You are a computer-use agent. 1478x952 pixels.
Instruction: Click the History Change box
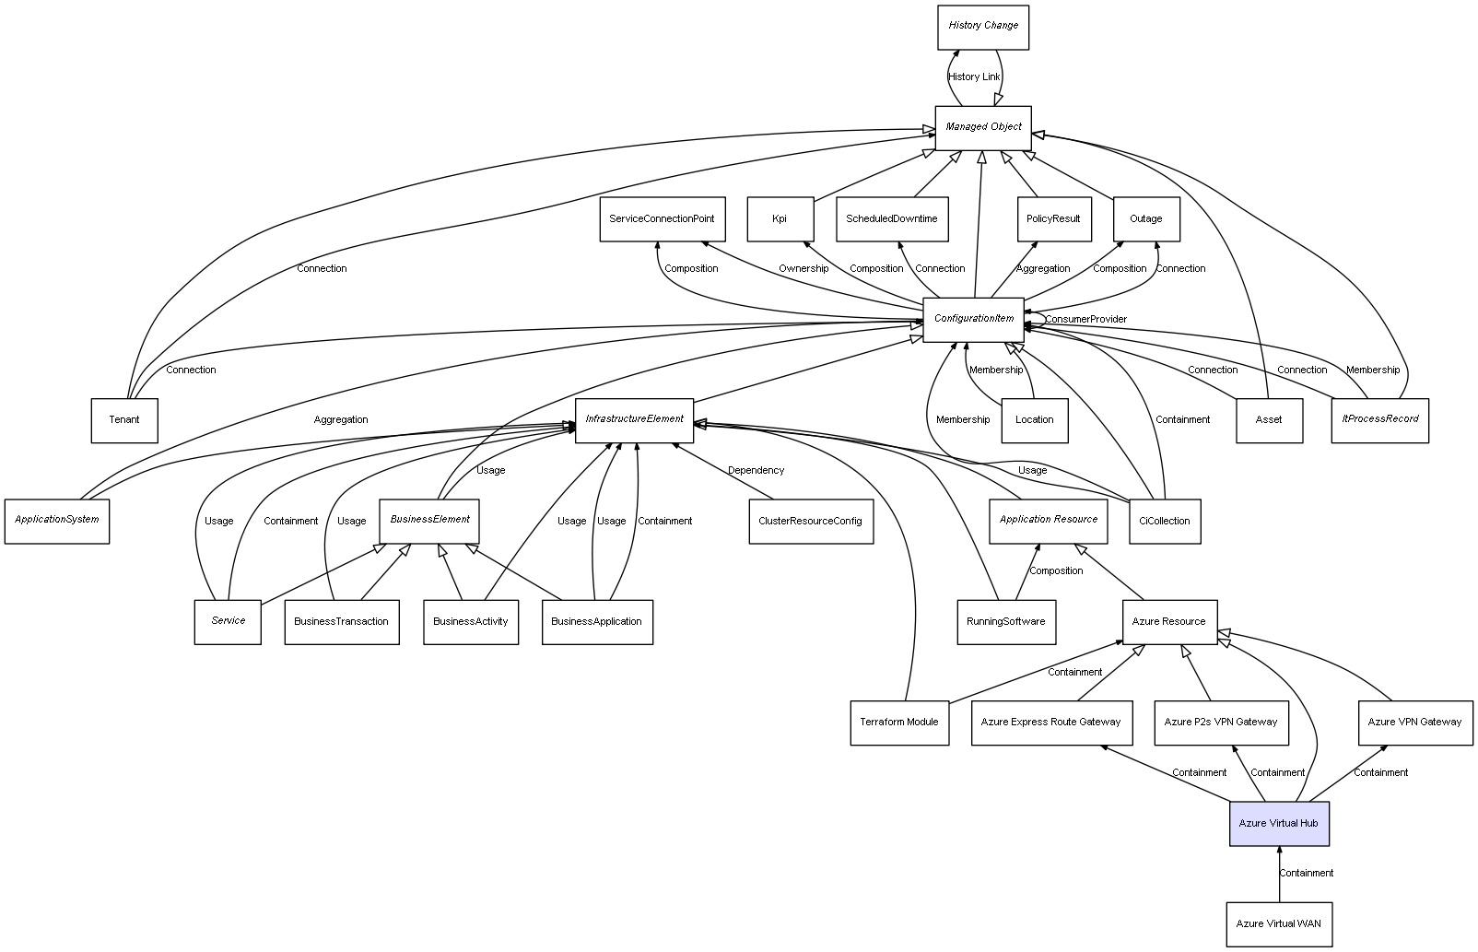click(982, 27)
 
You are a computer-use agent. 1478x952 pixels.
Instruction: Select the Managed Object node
click(982, 127)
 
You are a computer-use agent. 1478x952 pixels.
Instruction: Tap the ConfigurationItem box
click(973, 319)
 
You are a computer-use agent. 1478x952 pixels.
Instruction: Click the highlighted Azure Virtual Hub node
click(1278, 823)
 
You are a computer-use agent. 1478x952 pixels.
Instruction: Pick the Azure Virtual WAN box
click(1278, 923)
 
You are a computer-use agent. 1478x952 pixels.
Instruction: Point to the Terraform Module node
click(898, 722)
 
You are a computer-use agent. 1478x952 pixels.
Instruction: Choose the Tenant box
click(124, 420)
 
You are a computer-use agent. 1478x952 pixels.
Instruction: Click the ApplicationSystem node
click(56, 520)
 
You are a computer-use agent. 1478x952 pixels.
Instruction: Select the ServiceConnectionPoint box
click(662, 219)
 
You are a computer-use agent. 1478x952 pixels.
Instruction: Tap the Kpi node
click(780, 219)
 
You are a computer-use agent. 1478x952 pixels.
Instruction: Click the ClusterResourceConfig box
click(810, 521)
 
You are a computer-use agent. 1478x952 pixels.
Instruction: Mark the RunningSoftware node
click(1005, 621)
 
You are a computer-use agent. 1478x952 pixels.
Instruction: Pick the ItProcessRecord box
click(1379, 419)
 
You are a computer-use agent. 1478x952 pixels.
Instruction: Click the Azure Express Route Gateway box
click(1050, 722)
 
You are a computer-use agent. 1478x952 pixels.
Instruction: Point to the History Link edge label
click(974, 77)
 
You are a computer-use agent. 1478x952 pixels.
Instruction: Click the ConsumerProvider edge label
click(1085, 320)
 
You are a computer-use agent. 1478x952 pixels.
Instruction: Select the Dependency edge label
click(756, 471)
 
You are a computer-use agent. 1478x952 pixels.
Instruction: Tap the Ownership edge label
click(803, 269)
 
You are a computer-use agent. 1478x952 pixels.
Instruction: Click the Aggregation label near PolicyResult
click(1042, 269)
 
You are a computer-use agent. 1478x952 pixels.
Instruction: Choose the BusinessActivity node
click(470, 621)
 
